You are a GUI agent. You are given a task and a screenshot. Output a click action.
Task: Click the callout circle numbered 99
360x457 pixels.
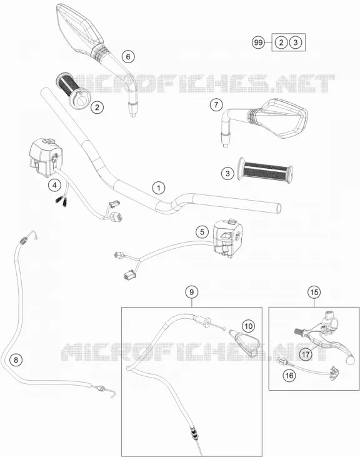(x=258, y=43)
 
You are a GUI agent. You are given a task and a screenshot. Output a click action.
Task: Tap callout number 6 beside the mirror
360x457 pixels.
(x=128, y=56)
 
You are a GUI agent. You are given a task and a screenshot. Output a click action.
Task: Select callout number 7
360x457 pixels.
(x=216, y=104)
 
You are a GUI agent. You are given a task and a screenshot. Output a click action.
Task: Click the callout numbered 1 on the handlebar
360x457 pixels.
(x=159, y=188)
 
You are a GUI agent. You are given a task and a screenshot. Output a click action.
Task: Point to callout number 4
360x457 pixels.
(x=55, y=184)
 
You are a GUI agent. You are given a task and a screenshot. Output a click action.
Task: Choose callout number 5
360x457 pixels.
(x=202, y=232)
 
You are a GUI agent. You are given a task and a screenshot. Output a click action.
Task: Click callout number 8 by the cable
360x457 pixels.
(x=16, y=360)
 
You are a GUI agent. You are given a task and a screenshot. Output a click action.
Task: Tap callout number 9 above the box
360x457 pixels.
(x=192, y=292)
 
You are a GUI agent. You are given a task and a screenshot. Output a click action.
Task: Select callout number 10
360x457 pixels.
(x=248, y=326)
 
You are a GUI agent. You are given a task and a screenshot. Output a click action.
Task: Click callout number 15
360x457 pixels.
(x=314, y=292)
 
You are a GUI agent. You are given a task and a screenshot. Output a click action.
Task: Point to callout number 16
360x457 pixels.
(x=289, y=375)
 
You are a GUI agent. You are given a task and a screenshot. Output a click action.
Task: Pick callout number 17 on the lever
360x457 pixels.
(x=306, y=354)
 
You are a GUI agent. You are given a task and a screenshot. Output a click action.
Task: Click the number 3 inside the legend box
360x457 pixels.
(x=296, y=43)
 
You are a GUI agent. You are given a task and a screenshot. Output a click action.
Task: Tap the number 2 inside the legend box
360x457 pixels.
(x=281, y=43)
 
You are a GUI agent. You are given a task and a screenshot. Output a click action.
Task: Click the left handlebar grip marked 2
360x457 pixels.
(x=72, y=89)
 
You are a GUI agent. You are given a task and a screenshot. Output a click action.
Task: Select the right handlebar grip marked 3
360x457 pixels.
(x=265, y=171)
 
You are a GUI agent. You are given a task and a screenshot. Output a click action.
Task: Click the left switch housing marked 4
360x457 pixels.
(x=46, y=158)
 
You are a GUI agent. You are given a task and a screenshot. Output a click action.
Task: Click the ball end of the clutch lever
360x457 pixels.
(x=350, y=360)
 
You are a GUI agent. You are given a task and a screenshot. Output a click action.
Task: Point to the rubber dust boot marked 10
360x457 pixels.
(x=244, y=343)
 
